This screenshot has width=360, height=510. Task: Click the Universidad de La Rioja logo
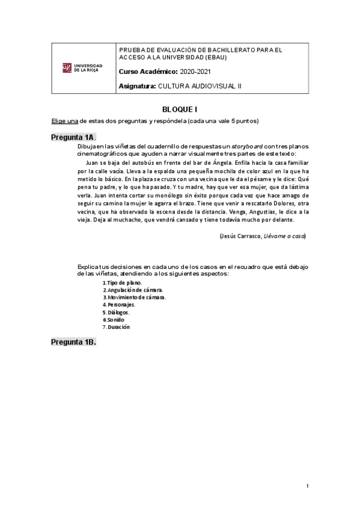point(83,68)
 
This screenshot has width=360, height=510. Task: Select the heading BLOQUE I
point(180,109)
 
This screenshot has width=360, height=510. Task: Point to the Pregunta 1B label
point(73,342)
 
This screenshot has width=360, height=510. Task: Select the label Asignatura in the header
point(138,86)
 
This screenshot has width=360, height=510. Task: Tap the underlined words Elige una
point(64,121)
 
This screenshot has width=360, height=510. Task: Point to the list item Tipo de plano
point(123,282)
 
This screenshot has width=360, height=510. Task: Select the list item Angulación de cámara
point(133,289)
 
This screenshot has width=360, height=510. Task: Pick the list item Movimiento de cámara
point(135,297)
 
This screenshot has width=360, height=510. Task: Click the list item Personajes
point(120,304)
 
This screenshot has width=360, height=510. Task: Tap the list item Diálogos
point(118,312)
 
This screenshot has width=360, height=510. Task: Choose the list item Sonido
point(115,319)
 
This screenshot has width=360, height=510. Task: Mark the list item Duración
point(117,327)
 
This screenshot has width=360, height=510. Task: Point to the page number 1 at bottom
point(307,485)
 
